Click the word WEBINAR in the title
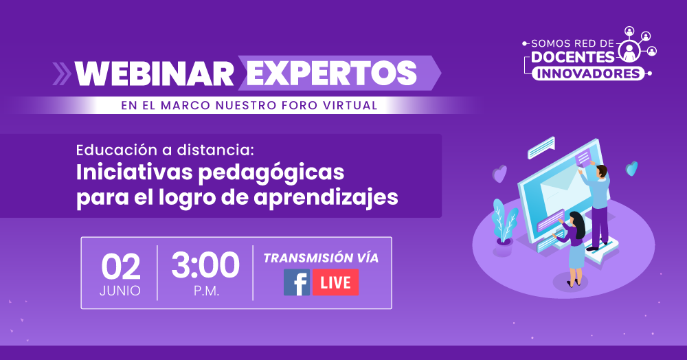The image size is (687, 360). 154,74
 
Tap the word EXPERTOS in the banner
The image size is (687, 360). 332,73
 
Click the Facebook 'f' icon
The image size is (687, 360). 297,282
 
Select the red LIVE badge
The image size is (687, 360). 336,282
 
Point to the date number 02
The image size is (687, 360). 120,267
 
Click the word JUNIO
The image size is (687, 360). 120,291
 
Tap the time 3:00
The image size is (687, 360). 205,265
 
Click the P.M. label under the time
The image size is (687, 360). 206,291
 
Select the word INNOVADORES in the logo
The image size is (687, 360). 588,74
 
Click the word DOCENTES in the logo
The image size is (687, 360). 573,57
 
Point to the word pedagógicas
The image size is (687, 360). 271,173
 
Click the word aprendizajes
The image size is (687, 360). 326,198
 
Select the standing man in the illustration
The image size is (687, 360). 597,207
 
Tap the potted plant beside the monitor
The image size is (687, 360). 504,222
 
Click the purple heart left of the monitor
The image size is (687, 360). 499,173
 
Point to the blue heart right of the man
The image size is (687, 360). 631,168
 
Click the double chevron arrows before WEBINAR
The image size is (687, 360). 62,74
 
